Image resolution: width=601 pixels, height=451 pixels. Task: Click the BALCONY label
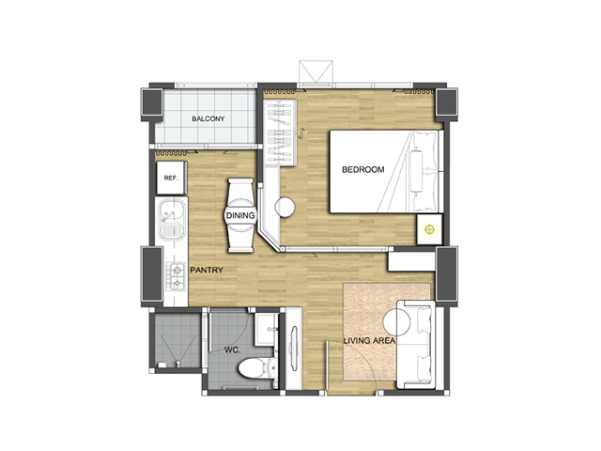[x=208, y=119]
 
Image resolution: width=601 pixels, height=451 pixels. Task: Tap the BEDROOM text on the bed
[x=363, y=169]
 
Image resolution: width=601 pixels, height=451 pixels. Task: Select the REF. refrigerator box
[x=171, y=178]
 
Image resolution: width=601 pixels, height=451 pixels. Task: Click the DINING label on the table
[x=240, y=215]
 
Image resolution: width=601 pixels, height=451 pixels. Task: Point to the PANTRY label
[x=207, y=270]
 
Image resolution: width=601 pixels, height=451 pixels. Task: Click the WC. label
[x=232, y=350]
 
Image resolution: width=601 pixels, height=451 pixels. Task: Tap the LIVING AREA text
[x=369, y=340]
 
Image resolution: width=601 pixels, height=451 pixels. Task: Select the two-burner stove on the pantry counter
[x=176, y=276]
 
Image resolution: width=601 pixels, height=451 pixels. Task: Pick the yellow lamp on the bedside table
[x=429, y=229]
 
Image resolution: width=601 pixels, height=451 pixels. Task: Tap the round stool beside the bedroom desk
[x=285, y=207]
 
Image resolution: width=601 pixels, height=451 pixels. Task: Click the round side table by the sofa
[x=397, y=322]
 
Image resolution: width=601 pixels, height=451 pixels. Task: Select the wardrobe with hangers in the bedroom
[x=280, y=132]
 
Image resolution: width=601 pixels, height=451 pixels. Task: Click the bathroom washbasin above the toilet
[x=267, y=329]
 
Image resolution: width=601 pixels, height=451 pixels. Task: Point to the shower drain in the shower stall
[x=177, y=362]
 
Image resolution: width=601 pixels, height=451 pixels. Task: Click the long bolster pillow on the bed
[x=416, y=171]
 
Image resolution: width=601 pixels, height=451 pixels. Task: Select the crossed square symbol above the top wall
[x=316, y=71]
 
